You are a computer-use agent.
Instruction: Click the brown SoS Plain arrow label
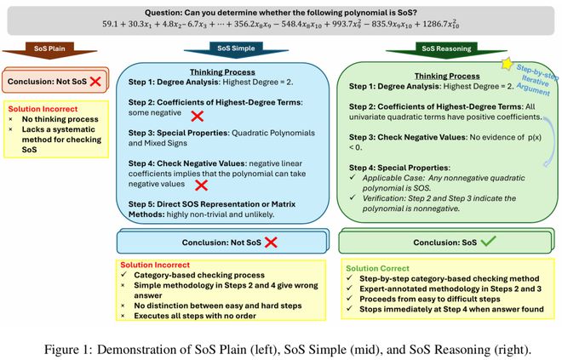click(49, 49)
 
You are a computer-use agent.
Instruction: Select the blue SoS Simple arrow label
click(236, 48)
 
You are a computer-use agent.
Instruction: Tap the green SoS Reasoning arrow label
click(446, 49)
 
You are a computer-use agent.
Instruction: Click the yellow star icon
click(508, 64)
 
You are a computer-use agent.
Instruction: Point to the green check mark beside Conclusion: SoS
click(488, 241)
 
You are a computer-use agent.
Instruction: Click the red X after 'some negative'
click(198, 116)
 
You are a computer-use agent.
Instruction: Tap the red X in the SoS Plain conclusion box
click(95, 82)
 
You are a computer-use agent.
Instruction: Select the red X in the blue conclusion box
click(271, 243)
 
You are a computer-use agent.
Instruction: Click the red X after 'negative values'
click(201, 186)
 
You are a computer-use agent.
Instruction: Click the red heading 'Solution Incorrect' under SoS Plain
click(43, 109)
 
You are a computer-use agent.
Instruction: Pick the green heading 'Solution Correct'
click(377, 268)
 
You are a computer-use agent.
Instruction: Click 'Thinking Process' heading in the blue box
click(222, 72)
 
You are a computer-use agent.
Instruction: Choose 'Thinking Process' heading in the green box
click(447, 76)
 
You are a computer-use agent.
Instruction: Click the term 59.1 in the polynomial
click(109, 24)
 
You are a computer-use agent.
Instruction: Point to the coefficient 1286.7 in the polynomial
click(435, 24)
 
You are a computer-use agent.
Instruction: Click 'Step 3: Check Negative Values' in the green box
click(408, 137)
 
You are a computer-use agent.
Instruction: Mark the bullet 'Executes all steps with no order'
click(195, 316)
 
